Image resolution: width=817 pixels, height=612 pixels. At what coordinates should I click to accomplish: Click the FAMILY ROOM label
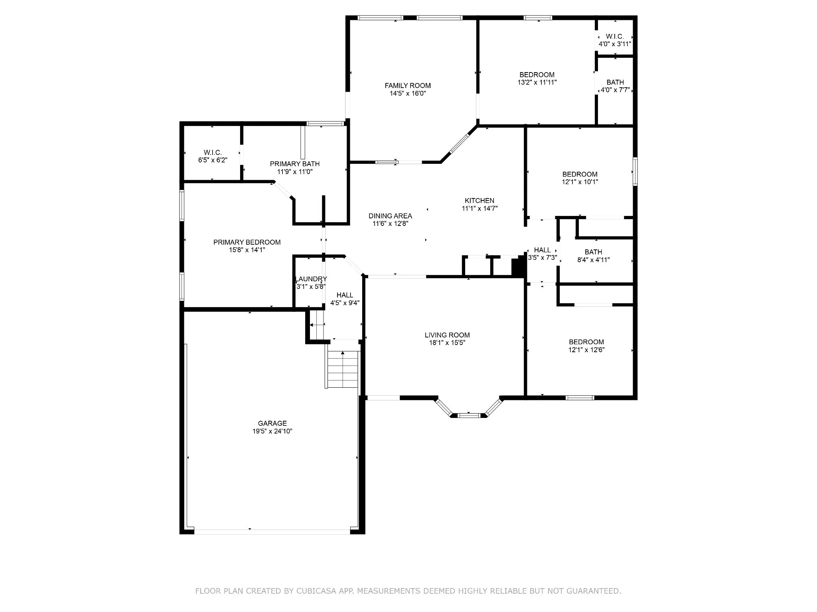(x=408, y=86)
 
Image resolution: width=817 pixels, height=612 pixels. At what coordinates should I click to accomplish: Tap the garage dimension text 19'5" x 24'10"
(x=272, y=431)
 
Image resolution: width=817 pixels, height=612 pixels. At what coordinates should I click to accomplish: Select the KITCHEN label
(x=480, y=201)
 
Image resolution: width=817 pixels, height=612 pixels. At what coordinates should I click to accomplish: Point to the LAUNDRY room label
(x=311, y=279)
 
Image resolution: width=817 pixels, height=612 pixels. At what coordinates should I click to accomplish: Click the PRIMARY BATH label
(x=295, y=164)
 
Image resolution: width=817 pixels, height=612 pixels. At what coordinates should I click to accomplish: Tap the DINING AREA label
(x=390, y=216)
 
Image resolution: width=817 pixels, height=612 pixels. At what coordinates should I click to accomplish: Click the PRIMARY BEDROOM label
(x=247, y=242)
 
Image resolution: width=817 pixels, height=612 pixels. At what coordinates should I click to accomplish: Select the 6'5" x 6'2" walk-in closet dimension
(x=213, y=160)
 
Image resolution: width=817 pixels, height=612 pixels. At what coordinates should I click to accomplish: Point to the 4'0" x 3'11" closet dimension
(x=615, y=44)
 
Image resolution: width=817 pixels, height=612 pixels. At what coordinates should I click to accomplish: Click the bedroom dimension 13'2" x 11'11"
(x=537, y=82)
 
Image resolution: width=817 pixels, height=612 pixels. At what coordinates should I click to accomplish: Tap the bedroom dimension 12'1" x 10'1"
(x=580, y=182)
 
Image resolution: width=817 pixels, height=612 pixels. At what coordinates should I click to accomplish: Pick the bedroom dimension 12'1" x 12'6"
(x=586, y=350)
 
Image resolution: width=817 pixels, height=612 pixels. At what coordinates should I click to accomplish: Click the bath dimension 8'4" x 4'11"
(x=594, y=260)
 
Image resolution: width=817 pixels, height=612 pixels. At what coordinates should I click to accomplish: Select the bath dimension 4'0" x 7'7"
(x=615, y=90)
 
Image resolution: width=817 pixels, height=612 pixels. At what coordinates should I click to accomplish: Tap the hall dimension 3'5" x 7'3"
(x=543, y=258)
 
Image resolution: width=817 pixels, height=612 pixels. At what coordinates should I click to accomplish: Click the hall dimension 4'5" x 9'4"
(x=345, y=303)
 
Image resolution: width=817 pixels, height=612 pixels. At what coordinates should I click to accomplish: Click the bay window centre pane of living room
(x=468, y=416)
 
